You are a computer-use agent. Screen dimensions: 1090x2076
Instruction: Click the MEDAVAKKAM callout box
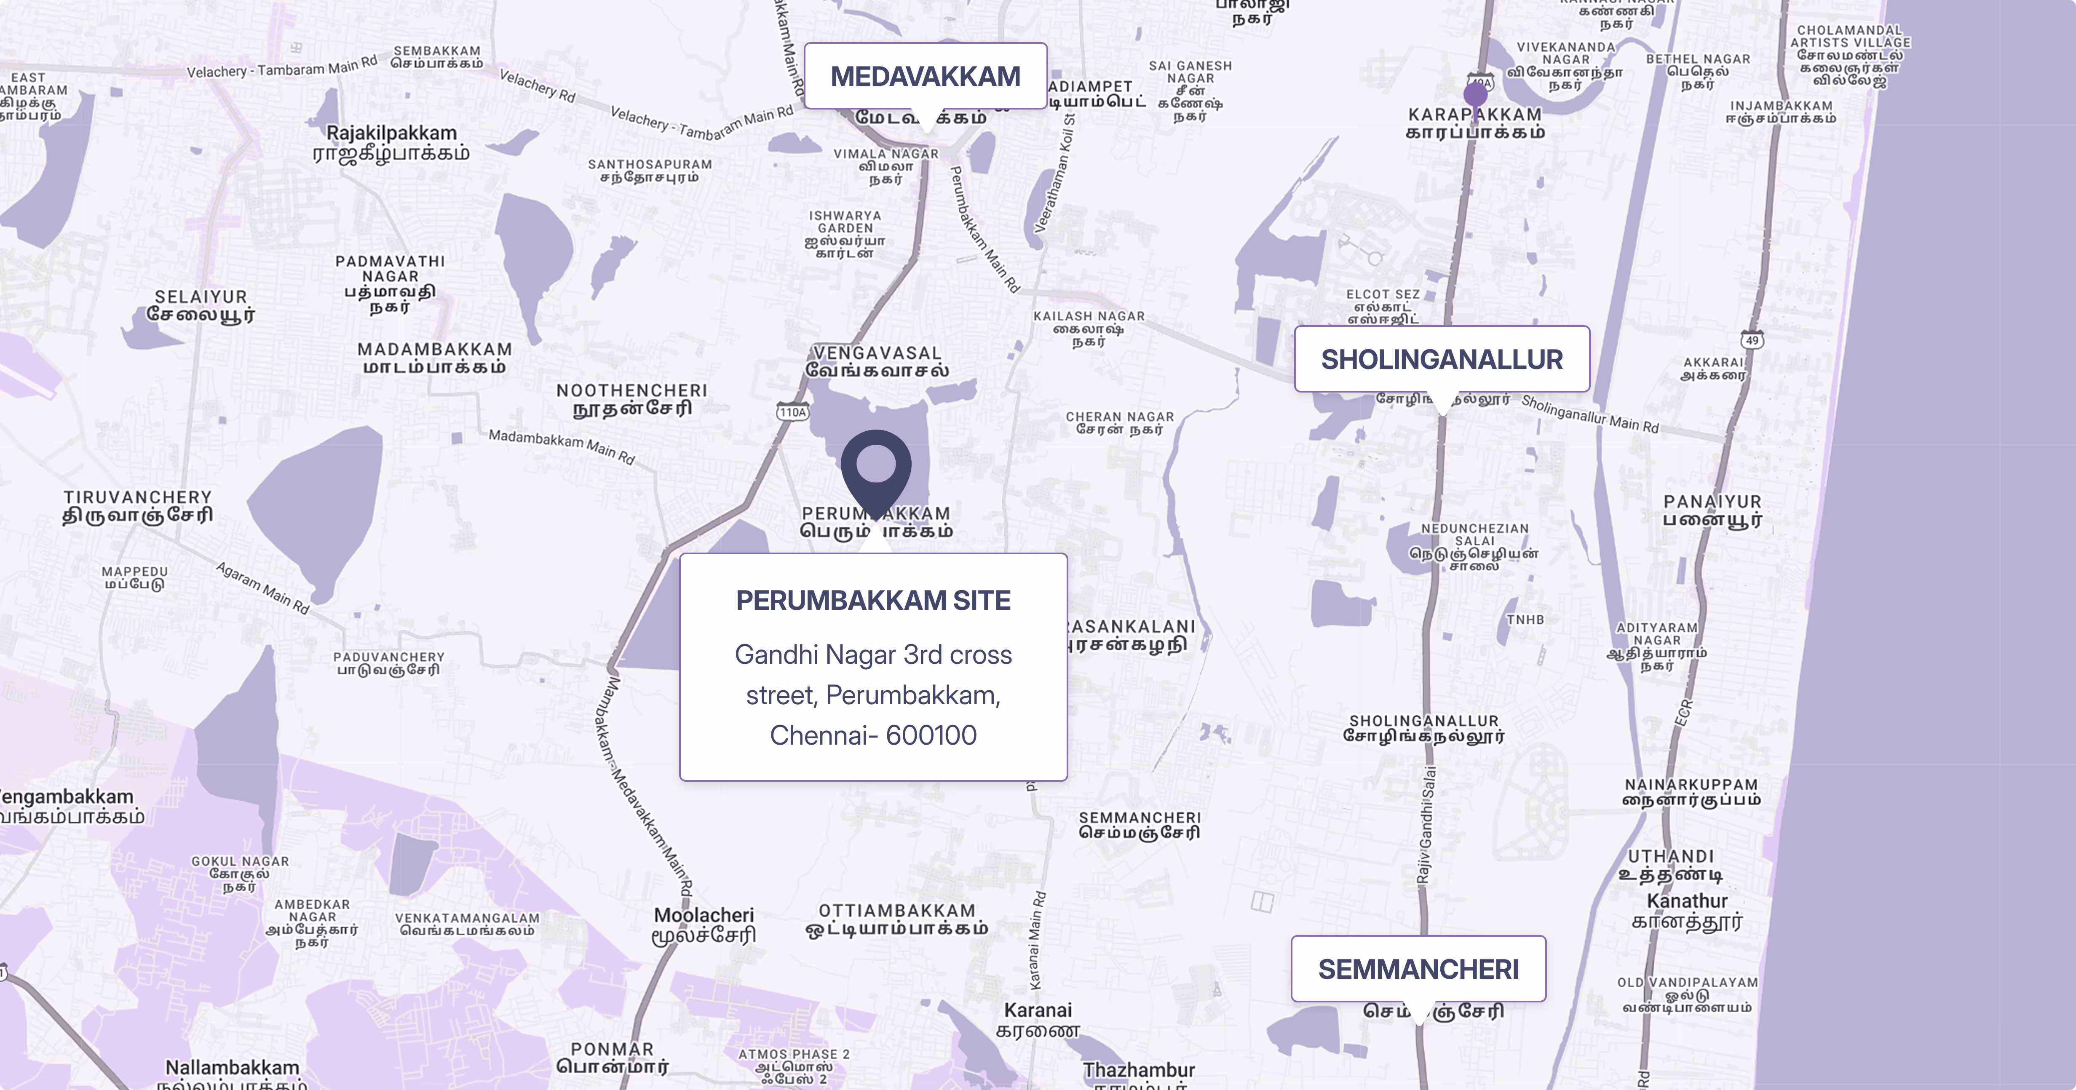click(925, 77)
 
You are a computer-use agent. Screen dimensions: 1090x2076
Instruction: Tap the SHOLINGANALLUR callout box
click(1441, 359)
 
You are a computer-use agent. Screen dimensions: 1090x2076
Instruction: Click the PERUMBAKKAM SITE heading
click(873, 600)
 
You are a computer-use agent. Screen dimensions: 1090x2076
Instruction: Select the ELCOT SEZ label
click(1383, 295)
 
